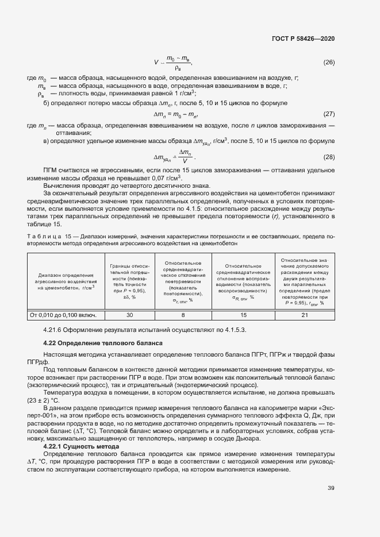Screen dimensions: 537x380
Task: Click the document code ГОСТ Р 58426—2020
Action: point(303,38)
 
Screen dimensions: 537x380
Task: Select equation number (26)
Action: point(329,62)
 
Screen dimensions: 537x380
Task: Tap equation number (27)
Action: point(329,114)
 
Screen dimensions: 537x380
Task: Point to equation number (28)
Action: point(329,157)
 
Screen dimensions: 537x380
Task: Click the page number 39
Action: point(331,488)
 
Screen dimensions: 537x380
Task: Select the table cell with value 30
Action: point(129,315)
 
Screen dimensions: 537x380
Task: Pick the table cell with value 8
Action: point(183,315)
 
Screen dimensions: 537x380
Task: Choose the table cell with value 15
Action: point(243,315)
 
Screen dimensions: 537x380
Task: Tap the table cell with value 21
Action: point(305,315)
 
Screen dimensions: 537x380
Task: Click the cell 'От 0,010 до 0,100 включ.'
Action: point(64,315)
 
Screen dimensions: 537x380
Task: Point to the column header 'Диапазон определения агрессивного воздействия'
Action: point(64,281)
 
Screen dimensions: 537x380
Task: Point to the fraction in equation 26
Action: point(179,63)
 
